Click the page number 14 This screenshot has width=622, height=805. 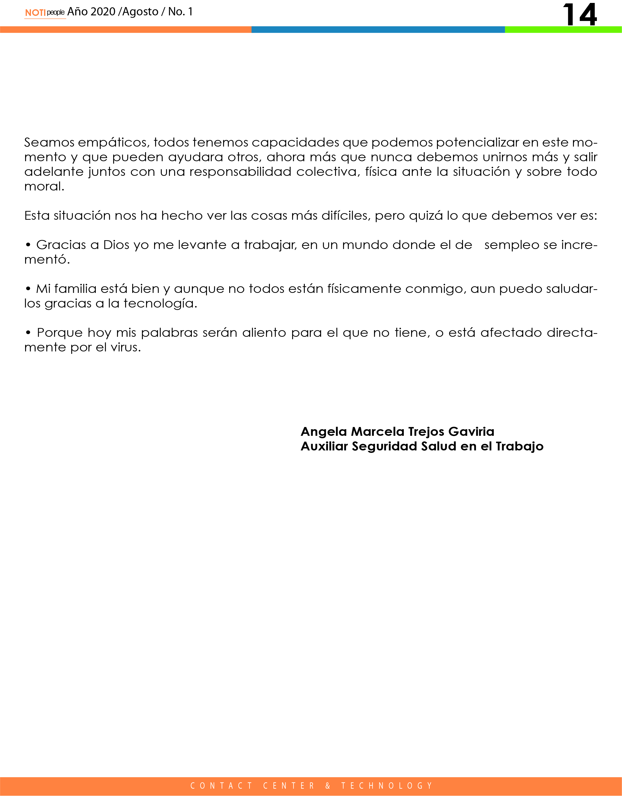pyautogui.click(x=579, y=15)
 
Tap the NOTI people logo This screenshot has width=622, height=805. pyautogui.click(x=45, y=12)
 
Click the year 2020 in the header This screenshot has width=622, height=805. pyautogui.click(x=103, y=12)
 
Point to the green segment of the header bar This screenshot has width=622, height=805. pyautogui.click(x=563, y=30)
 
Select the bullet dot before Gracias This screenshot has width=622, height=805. pyautogui.click(x=28, y=245)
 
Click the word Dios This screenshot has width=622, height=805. pyautogui.click(x=116, y=245)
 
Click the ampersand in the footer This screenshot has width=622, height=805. pyautogui.click(x=328, y=786)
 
